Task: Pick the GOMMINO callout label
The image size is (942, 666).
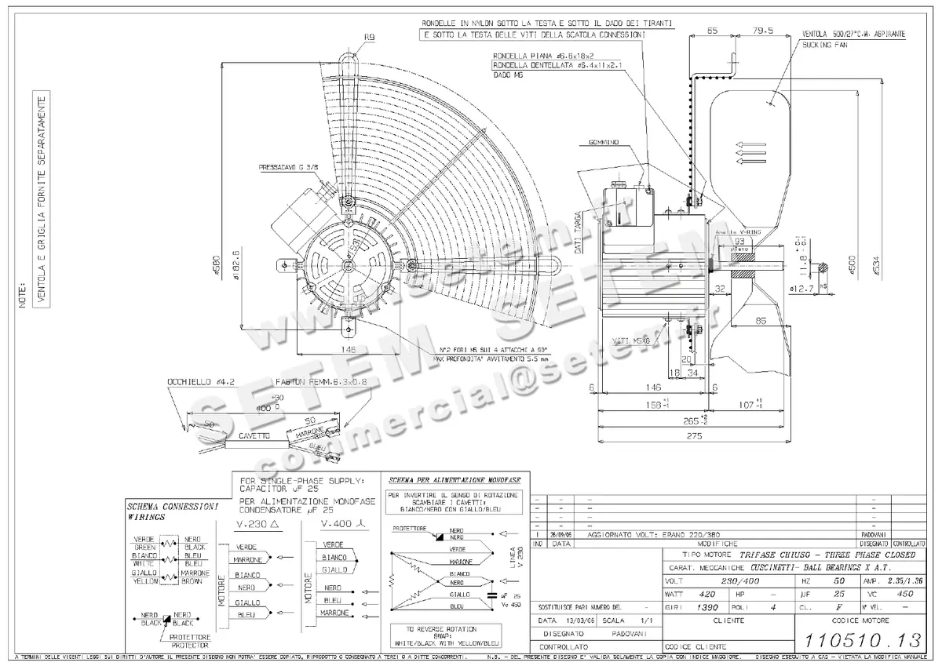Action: click(603, 142)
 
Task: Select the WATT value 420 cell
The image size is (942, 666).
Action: click(709, 594)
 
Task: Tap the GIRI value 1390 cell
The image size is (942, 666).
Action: click(709, 607)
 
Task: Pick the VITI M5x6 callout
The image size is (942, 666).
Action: click(630, 341)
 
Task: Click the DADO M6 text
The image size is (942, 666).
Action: click(509, 77)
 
